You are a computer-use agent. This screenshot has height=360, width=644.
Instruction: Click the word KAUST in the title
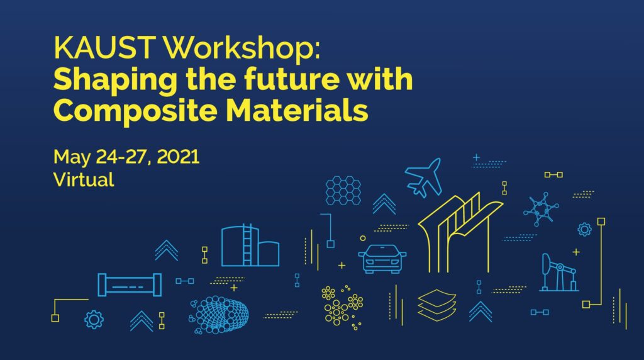click(105, 47)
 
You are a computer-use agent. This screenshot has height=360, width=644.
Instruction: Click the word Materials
click(297, 110)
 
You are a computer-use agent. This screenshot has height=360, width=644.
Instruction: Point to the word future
click(292, 79)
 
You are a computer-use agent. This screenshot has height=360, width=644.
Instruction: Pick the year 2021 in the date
click(178, 157)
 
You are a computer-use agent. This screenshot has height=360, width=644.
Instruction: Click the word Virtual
click(84, 179)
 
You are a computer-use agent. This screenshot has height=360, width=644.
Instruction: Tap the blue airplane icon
click(423, 177)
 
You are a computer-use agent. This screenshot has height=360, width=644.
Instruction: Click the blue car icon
click(382, 259)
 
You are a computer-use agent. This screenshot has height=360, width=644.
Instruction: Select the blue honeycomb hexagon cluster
click(343, 190)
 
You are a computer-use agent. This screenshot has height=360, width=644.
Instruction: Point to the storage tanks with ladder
click(250, 245)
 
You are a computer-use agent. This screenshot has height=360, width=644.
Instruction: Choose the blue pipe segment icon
click(130, 284)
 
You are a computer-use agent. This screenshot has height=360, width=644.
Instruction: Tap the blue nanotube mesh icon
click(219, 315)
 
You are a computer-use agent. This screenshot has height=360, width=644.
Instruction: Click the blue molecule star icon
click(541, 209)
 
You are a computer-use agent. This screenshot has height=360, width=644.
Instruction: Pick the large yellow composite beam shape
click(460, 233)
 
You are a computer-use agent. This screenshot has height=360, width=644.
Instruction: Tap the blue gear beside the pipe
click(94, 319)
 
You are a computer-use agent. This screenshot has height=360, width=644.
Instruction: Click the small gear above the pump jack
click(584, 229)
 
